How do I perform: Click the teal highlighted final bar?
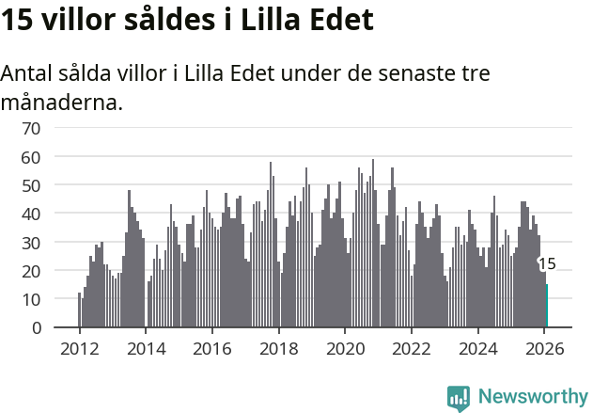pyautogui.click(x=547, y=306)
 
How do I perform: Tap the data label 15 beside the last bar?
pyautogui.click(x=547, y=264)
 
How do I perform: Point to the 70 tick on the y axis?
pyautogui.click(x=31, y=128)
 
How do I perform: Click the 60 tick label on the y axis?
pyautogui.click(x=31, y=157)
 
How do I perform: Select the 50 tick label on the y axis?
pyautogui.click(x=31, y=185)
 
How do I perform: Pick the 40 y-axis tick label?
pyautogui.click(x=31, y=214)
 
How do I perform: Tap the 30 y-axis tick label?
pyautogui.click(x=31, y=243)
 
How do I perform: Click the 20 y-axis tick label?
pyautogui.click(x=31, y=271)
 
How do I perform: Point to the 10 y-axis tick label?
pyautogui.click(x=31, y=299)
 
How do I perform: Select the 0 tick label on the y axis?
pyautogui.click(x=36, y=327)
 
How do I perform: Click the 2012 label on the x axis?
pyautogui.click(x=79, y=347)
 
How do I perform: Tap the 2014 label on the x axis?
pyautogui.click(x=146, y=347)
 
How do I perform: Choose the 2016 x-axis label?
pyautogui.click(x=212, y=347)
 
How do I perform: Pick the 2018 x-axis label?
pyautogui.click(x=278, y=347)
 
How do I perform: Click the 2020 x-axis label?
pyautogui.click(x=345, y=347)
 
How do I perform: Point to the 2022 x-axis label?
pyautogui.click(x=412, y=347)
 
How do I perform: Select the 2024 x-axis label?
pyautogui.click(x=477, y=347)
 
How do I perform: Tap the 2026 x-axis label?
pyautogui.click(x=544, y=347)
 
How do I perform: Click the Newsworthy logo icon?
pyautogui.click(x=459, y=398)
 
